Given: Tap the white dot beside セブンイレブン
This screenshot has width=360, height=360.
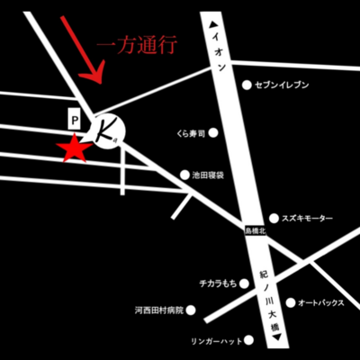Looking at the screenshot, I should pos(247,85).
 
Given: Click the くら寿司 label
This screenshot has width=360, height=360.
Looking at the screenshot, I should pos(191,131).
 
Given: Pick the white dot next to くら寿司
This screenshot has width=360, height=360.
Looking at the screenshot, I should pos(214,131).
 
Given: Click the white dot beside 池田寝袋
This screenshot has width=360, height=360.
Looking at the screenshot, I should pos(184,175).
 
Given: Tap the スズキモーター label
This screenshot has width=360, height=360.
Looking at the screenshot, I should pos(309,219).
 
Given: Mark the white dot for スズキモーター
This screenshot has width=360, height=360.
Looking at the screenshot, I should pos(274,219).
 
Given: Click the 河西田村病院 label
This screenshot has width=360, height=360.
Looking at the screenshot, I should pos(158,310).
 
